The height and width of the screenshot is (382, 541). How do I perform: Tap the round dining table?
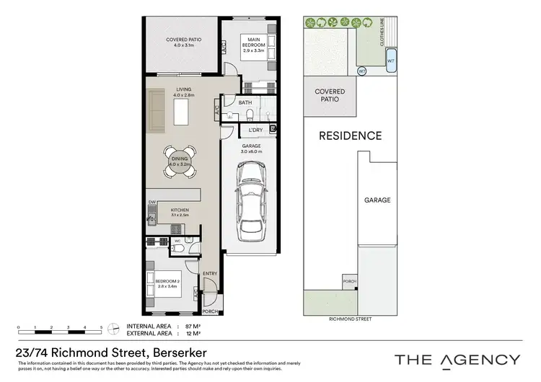pyautogui.click(x=177, y=161)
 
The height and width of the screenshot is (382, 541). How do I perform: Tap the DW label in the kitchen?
pyautogui.click(x=152, y=202)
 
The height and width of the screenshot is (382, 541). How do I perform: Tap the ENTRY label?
pyautogui.click(x=210, y=273)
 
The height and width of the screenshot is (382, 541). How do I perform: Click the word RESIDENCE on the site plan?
pyautogui.click(x=351, y=136)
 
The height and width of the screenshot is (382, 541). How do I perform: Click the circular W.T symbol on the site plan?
pyautogui.click(x=362, y=71)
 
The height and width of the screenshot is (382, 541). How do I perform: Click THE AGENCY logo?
pyautogui.click(x=457, y=359)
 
